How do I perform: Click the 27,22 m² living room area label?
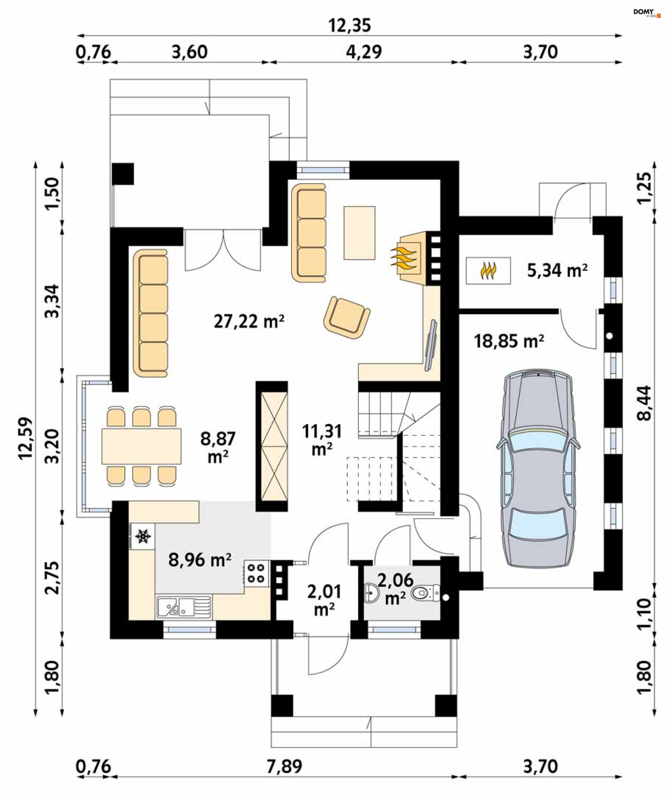point(249,321)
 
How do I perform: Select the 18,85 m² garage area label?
point(509,341)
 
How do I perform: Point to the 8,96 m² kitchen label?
point(199,560)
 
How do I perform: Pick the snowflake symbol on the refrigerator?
point(143,536)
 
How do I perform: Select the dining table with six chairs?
point(141,446)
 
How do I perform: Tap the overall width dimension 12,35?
point(349,26)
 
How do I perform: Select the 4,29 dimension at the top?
point(364,52)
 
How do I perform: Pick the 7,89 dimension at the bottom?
point(284,766)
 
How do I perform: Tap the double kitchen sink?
point(184,607)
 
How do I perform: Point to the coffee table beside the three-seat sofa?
point(359,233)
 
